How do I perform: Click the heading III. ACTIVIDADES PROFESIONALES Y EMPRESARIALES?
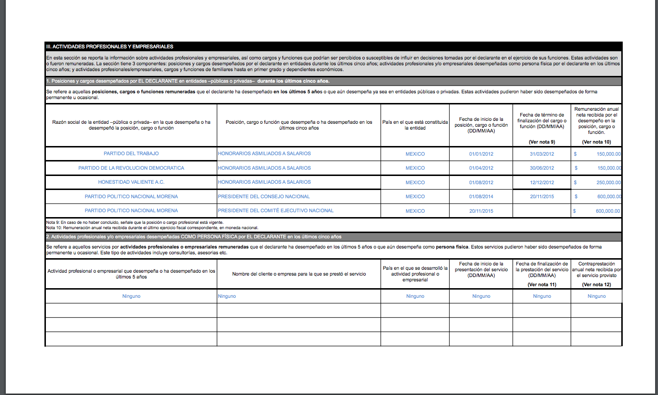(x=110, y=46)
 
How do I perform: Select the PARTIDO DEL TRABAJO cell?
(x=131, y=154)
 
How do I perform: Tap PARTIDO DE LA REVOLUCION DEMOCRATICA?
(x=131, y=168)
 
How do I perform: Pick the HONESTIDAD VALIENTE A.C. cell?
(x=131, y=182)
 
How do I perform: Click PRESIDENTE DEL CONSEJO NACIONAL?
(x=264, y=197)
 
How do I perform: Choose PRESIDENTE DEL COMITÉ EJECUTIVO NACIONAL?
(x=275, y=211)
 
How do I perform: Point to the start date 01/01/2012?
(x=481, y=154)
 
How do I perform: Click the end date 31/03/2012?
(x=542, y=154)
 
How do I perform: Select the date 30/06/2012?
(x=542, y=168)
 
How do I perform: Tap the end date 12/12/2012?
(x=542, y=183)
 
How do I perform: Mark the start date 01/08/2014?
(x=481, y=197)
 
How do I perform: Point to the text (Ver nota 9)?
(x=542, y=142)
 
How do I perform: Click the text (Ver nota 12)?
(x=597, y=284)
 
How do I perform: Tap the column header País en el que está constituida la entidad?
(x=415, y=125)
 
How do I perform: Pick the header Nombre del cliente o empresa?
(x=299, y=274)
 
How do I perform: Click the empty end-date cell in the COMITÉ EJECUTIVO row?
(x=542, y=211)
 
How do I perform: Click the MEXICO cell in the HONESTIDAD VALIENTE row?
(x=415, y=183)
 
